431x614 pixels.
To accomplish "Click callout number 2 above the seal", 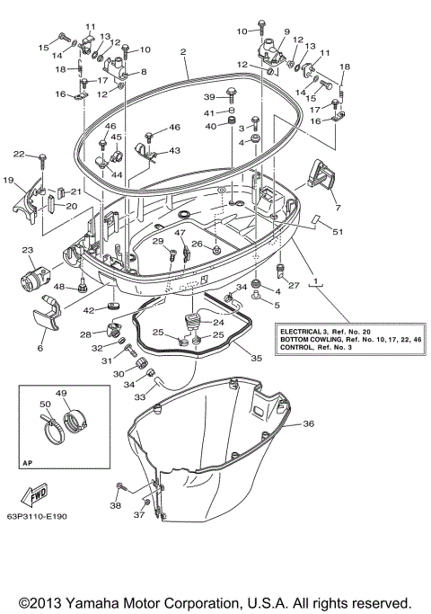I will pyautogui.click(x=183, y=53).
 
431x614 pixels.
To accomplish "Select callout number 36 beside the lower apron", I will pyautogui.click(x=308, y=423).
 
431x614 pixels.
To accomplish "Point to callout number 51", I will pyautogui.click(x=338, y=233).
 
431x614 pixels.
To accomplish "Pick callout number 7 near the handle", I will pyautogui.click(x=338, y=209).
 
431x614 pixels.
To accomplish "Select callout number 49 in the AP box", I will pyautogui.click(x=61, y=393).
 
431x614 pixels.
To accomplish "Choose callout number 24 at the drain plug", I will pyautogui.click(x=216, y=321).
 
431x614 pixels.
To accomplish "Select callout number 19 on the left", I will pyautogui.click(x=8, y=181).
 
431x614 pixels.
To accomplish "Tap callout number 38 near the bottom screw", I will pyautogui.click(x=115, y=506).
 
